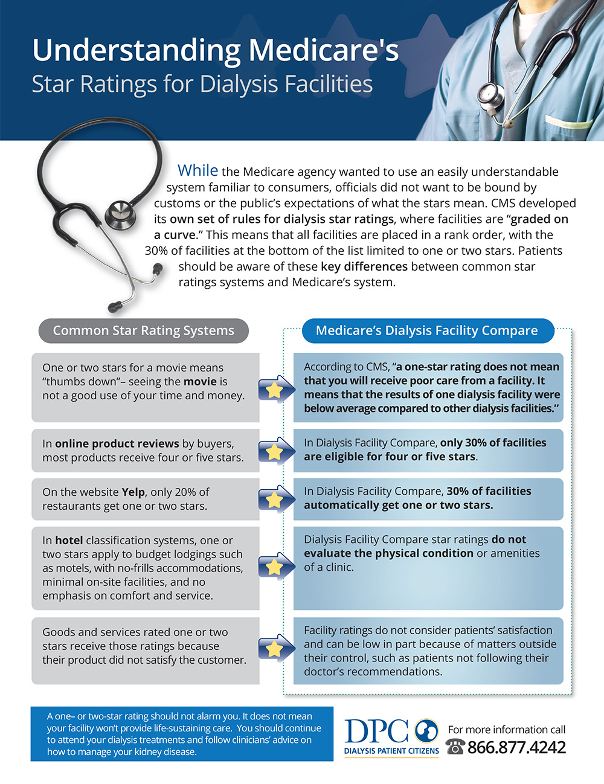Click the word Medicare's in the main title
pyautogui.click(x=323, y=50)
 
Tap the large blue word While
pyautogui.click(x=198, y=170)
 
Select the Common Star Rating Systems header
pyautogui.click(x=144, y=330)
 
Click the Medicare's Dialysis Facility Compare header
pyautogui.click(x=426, y=330)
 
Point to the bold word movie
pyautogui.click(x=200, y=382)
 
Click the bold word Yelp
pyautogui.click(x=133, y=492)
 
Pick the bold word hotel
pyautogui.click(x=69, y=541)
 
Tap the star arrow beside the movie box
pyautogui.click(x=275, y=390)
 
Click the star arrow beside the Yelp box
pyautogui.click(x=275, y=499)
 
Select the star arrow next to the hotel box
pyautogui.click(x=275, y=566)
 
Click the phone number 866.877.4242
pyautogui.click(x=516, y=748)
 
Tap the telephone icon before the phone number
pyautogui.click(x=455, y=747)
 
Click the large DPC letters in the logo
pyautogui.click(x=377, y=732)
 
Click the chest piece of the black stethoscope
pyautogui.click(x=120, y=213)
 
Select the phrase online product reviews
pyautogui.click(x=117, y=444)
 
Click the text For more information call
pyautogui.click(x=507, y=730)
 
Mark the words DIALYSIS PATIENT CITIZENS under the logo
pyautogui.click(x=391, y=751)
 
